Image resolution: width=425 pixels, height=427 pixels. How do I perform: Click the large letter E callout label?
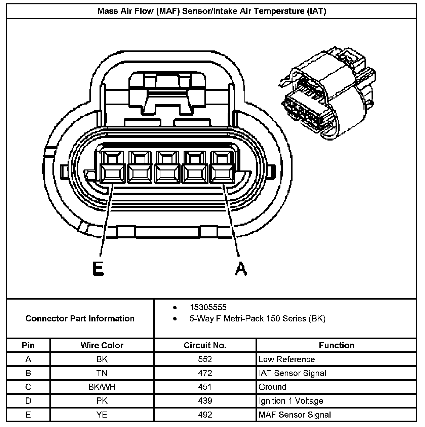[x=98, y=269]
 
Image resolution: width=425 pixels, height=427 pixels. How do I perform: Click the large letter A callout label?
[x=240, y=269]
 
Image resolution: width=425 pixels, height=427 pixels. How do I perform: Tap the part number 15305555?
[x=208, y=307]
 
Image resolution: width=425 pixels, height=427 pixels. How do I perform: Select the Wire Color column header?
[x=102, y=345]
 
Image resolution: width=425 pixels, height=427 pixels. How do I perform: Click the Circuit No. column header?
[x=205, y=345]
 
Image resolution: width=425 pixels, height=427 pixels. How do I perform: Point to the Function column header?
[x=336, y=345]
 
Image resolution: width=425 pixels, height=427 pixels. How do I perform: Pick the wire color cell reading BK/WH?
[x=102, y=387]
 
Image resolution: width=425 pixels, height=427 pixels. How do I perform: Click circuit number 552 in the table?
[x=205, y=359]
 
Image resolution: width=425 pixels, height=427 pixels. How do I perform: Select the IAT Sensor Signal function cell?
[x=292, y=373]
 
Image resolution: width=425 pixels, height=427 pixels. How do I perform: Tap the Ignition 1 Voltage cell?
[x=291, y=401]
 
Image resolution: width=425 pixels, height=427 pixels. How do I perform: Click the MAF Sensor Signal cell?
[x=295, y=415]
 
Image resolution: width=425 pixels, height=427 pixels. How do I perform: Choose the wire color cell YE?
[x=102, y=415]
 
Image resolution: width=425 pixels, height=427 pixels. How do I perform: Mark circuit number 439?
[x=205, y=401]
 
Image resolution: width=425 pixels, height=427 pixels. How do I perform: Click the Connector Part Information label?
[x=80, y=318]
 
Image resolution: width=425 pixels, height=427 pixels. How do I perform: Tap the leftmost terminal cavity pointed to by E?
[x=113, y=167]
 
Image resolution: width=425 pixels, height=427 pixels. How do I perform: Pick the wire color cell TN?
[x=102, y=373]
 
